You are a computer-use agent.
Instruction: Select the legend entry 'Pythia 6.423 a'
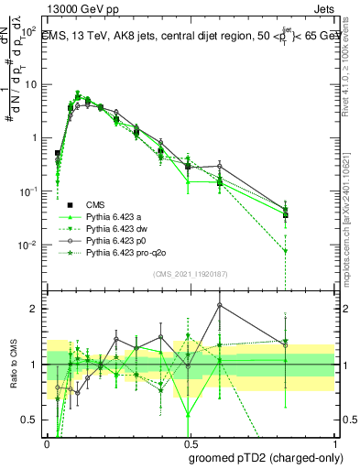(115, 216)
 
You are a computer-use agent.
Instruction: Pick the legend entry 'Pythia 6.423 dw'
(117, 228)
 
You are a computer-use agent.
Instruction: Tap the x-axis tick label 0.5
(189, 442)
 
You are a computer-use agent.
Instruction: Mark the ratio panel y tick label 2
(36, 309)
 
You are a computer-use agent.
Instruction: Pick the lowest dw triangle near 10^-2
(286, 251)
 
